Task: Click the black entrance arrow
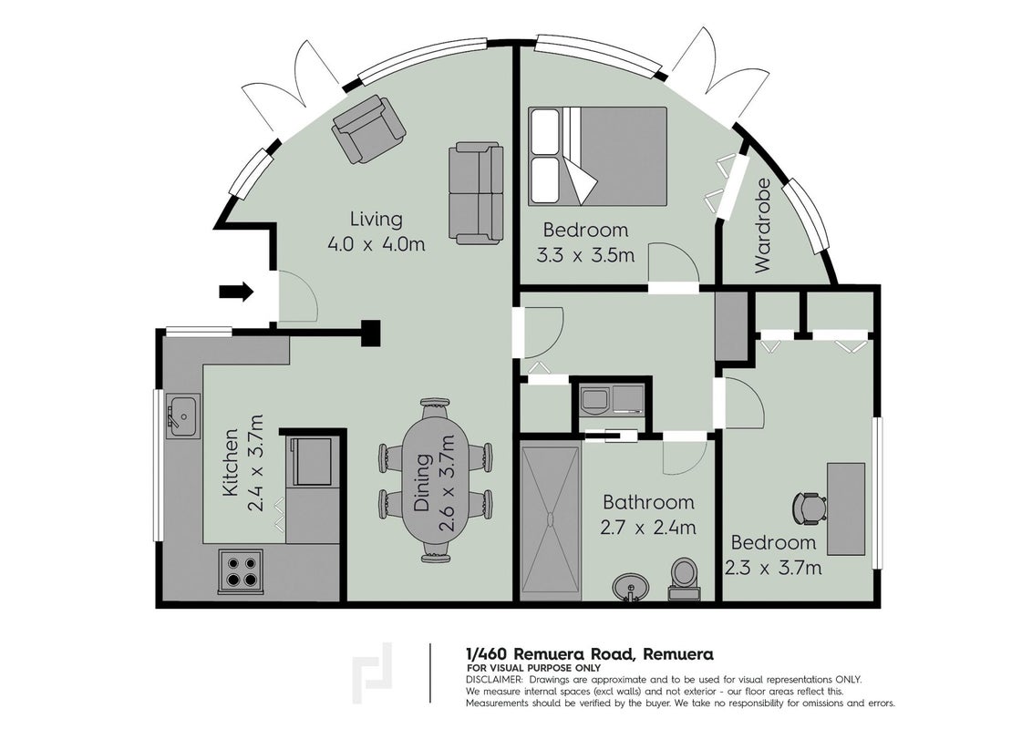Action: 235,291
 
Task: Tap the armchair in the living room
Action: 368,129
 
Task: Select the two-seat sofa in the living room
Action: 476,192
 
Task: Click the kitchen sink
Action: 183,416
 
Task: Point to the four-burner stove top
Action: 241,571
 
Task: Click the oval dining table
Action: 435,480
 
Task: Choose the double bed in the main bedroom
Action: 597,156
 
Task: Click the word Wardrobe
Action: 763,226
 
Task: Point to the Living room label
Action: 376,219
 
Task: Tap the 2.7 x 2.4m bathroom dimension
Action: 648,527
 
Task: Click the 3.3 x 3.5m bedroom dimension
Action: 586,254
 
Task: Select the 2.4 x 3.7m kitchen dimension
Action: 255,463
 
